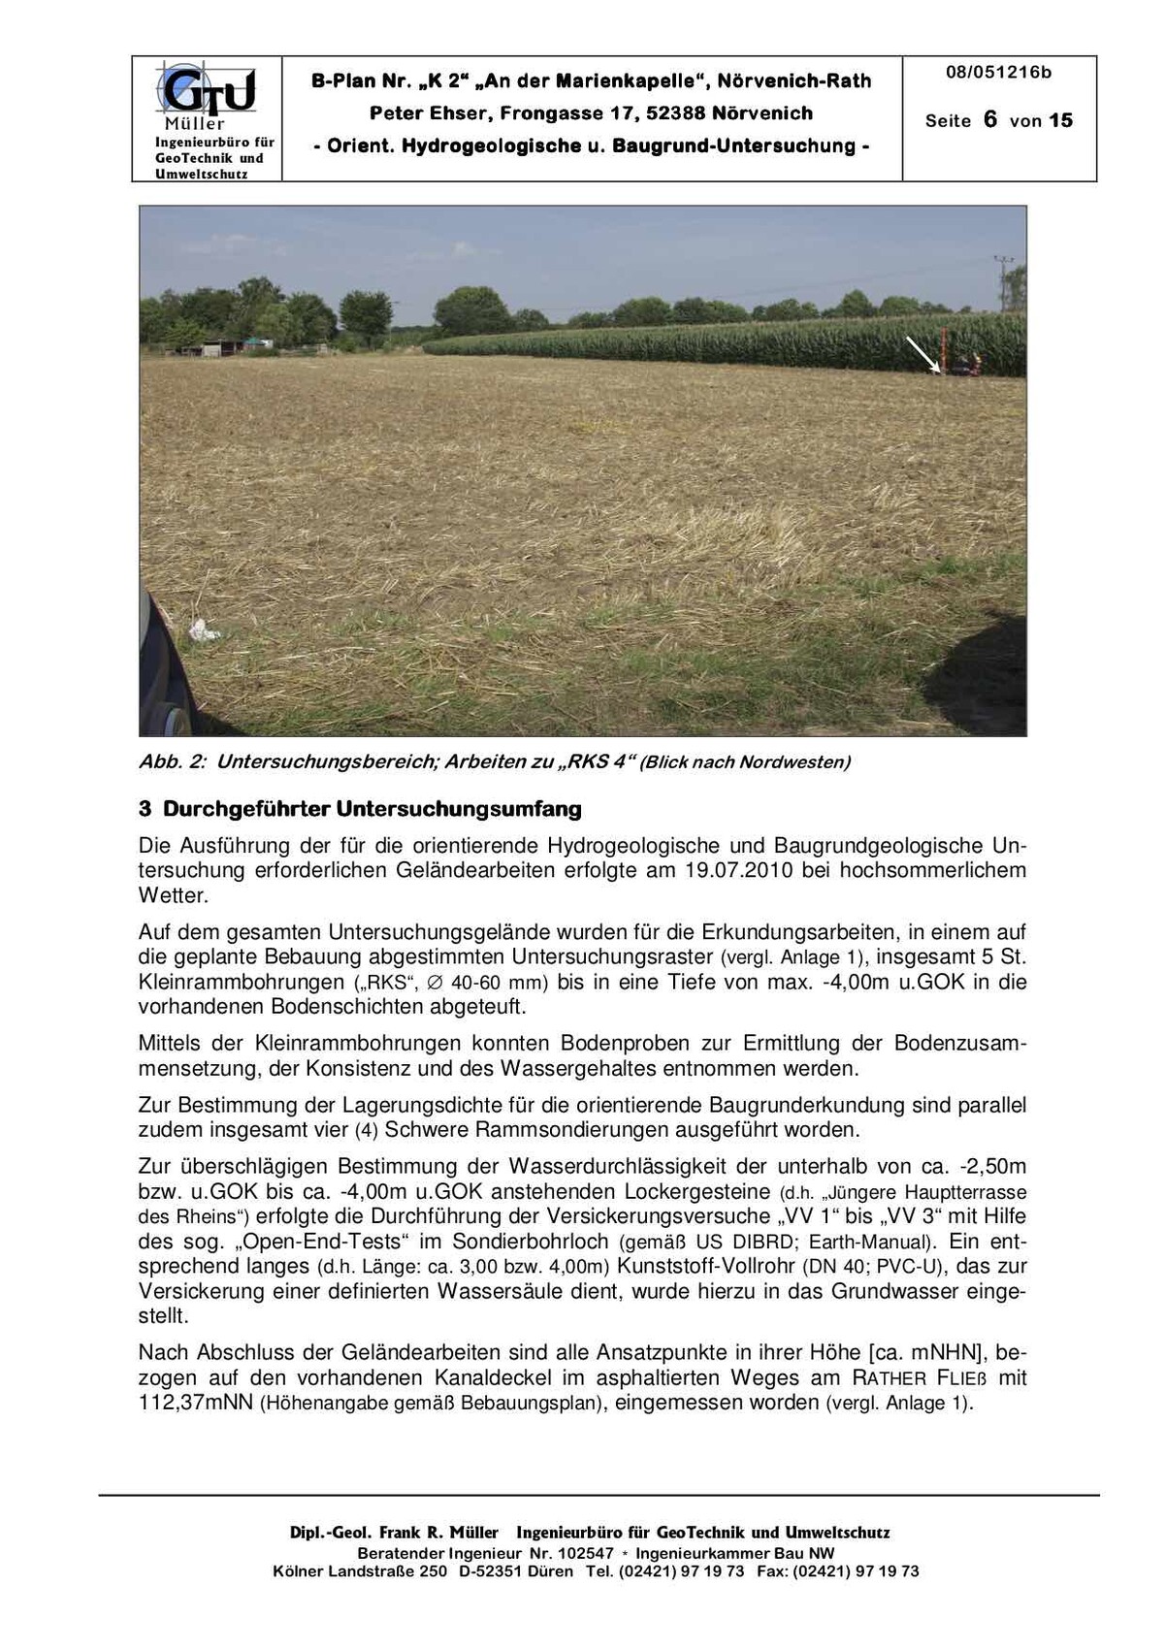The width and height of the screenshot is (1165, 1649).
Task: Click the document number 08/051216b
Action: click(998, 73)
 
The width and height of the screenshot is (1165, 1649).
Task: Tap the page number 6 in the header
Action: click(989, 119)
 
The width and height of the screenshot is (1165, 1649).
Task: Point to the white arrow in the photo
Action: click(922, 354)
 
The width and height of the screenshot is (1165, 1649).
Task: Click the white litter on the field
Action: click(205, 631)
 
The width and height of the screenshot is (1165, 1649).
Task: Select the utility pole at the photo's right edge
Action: click(1004, 281)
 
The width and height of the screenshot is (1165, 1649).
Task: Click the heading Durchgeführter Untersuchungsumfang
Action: click(372, 808)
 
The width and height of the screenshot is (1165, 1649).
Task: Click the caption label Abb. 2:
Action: click(173, 761)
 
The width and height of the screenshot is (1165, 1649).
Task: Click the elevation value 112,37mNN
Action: click(197, 1403)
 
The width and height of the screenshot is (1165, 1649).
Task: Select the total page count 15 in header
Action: click(1061, 120)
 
